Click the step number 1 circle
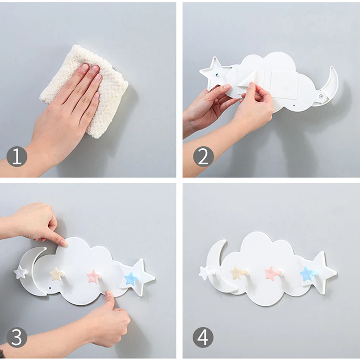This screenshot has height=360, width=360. point(17,157)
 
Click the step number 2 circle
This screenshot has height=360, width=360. point(203,157)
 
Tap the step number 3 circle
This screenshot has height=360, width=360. point(17,337)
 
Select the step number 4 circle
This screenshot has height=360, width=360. point(203,337)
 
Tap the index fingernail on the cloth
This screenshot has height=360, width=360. point(85,67)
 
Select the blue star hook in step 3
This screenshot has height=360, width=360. point(131,279)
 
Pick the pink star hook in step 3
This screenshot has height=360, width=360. point(94,276)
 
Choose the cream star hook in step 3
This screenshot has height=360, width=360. point(57,274)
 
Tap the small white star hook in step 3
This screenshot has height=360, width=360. point(21,272)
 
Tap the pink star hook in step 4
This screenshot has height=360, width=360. point(272,274)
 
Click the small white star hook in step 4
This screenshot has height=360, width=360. point(205,273)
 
